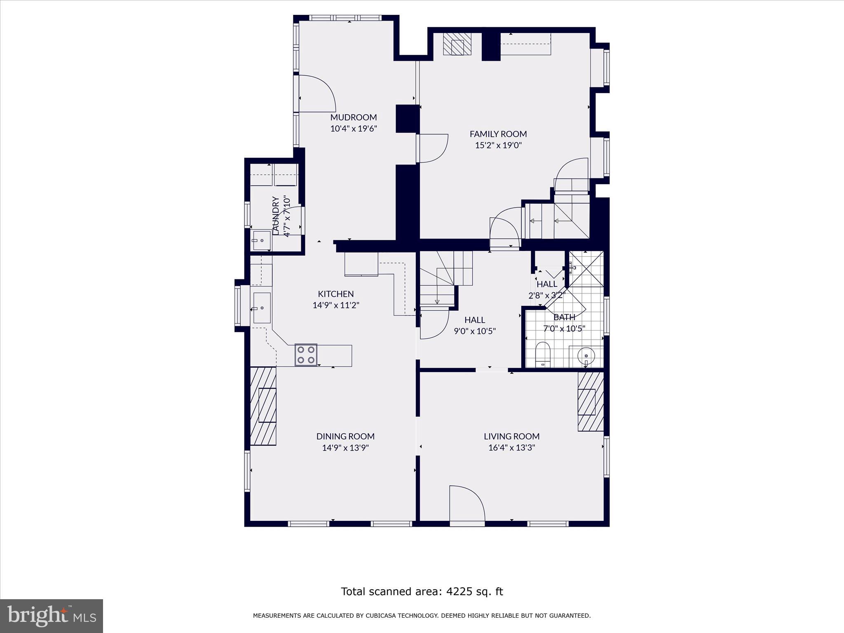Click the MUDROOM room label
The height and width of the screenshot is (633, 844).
[353, 117]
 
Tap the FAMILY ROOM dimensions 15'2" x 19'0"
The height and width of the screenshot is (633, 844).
[498, 145]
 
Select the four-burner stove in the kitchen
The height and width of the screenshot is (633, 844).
[306, 355]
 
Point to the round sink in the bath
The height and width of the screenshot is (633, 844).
[586, 355]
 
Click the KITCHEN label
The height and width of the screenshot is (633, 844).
[335, 294]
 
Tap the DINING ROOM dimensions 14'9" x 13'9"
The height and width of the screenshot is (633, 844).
[345, 448]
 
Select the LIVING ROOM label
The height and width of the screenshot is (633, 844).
[511, 436]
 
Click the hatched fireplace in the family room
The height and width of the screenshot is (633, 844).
[457, 44]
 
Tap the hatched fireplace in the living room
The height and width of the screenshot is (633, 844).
[590, 402]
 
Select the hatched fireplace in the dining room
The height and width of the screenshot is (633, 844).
[263, 406]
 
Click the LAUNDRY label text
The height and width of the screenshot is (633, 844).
[276, 216]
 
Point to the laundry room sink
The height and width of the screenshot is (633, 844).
[261, 240]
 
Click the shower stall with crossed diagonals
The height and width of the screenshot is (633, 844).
[586, 269]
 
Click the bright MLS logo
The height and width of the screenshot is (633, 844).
[52, 616]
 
